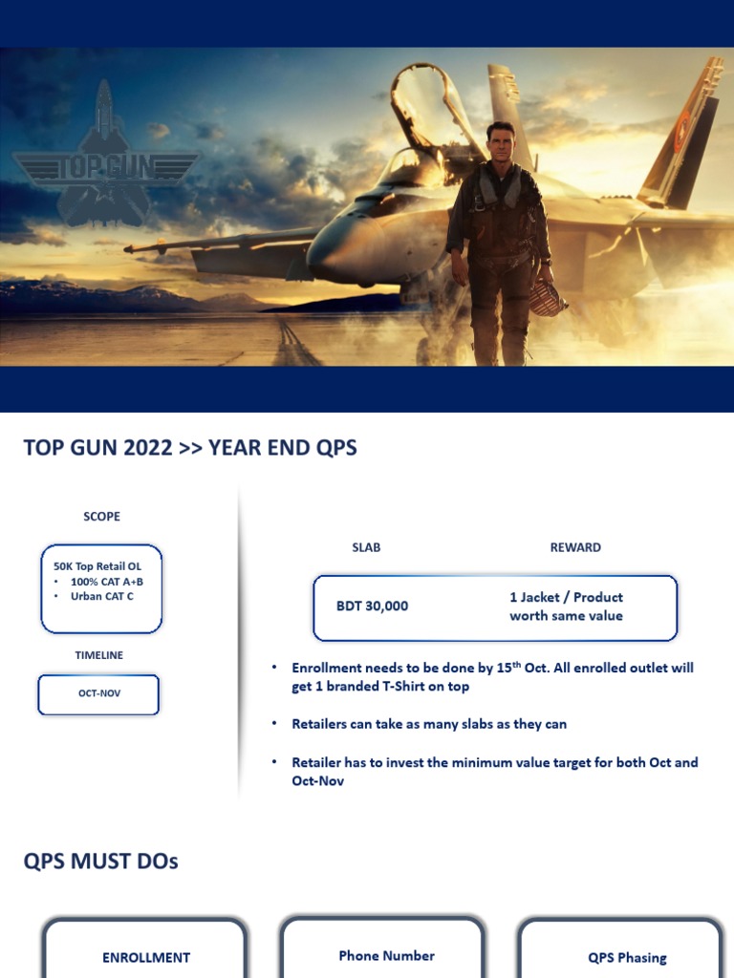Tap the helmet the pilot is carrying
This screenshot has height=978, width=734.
pos(547,297)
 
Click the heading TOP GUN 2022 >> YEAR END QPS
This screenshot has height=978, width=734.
pos(190,448)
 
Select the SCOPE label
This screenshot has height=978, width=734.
pos(101,517)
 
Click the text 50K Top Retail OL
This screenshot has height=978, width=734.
pos(97,566)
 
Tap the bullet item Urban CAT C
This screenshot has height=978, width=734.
pos(101,596)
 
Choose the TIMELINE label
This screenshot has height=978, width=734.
pos(99,655)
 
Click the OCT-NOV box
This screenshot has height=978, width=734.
pos(99,693)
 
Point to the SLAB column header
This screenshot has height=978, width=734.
pos(366,547)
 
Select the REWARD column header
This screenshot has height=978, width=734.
pos(575,547)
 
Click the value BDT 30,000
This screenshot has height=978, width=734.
pos(372,606)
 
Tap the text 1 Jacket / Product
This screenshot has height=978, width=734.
pos(566,597)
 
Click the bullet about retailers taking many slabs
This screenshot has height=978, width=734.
pos(429,724)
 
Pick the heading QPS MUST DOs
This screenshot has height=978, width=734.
pos(100,861)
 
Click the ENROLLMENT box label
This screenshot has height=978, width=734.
pos(146,957)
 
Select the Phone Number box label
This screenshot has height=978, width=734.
pos(386,955)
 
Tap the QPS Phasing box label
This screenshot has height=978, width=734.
pos(627,958)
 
